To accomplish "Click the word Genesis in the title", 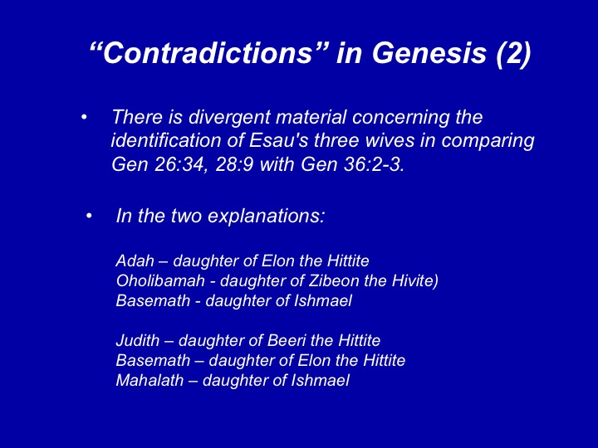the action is (429, 52).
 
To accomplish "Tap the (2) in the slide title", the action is (513, 54).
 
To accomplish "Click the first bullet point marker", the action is (84, 117).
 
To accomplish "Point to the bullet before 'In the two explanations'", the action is (89, 217).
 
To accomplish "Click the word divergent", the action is (229, 117).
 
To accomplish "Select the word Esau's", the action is (279, 140).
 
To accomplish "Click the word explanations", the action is (266, 216).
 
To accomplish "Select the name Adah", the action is (135, 261).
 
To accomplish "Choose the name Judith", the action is (138, 340).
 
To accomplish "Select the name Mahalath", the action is (149, 380).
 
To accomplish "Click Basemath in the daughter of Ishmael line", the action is (153, 300).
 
